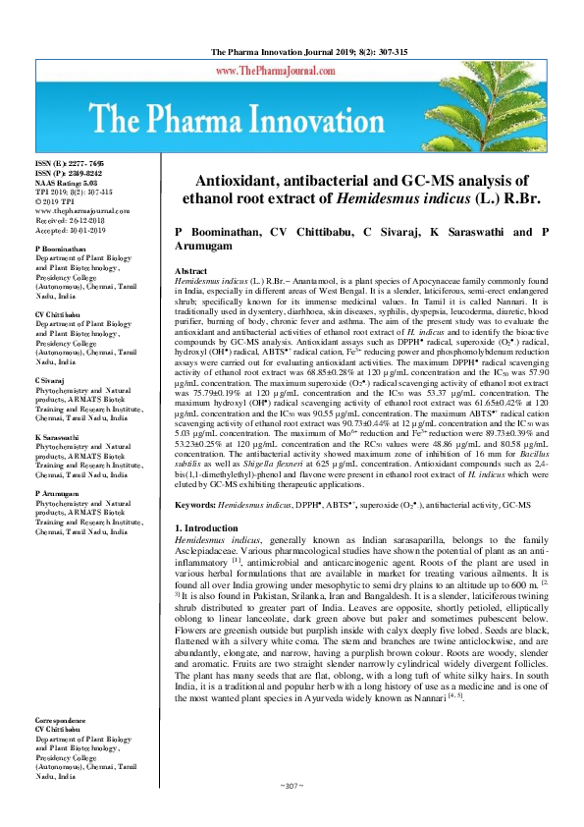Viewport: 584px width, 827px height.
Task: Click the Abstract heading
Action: tap(190, 270)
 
